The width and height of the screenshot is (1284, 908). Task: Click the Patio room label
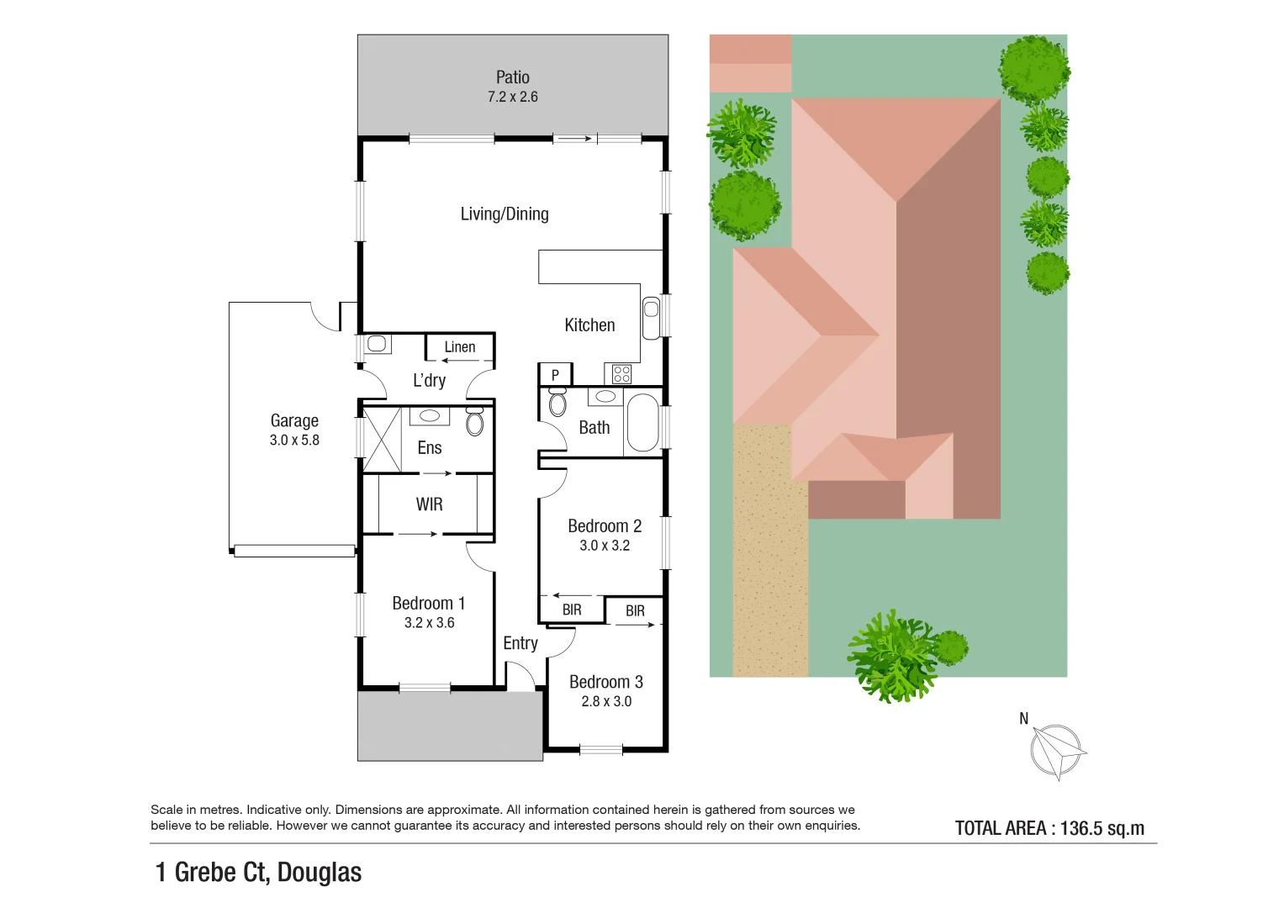click(x=512, y=77)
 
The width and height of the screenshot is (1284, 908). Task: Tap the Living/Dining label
click(x=505, y=214)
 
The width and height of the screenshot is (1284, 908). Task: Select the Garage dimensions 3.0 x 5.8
click(x=294, y=440)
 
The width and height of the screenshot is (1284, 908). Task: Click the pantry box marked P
click(x=555, y=375)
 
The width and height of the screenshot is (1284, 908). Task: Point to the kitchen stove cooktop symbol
click(x=621, y=374)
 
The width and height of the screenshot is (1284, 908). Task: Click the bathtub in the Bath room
click(x=642, y=422)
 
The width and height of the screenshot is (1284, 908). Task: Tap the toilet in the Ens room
click(x=475, y=421)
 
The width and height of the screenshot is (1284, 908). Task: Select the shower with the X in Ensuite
click(x=382, y=439)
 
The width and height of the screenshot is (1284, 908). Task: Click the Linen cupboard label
click(x=459, y=346)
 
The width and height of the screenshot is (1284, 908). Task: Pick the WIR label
click(x=429, y=504)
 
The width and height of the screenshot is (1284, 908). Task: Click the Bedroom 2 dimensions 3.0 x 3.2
click(x=605, y=546)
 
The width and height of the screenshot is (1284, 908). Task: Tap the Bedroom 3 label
click(x=605, y=682)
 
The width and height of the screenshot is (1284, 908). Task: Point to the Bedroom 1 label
click(x=428, y=603)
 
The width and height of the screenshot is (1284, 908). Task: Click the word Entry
click(x=520, y=643)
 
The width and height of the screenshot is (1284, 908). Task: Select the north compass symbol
click(x=1056, y=751)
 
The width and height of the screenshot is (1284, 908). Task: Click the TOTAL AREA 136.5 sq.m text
click(x=1049, y=828)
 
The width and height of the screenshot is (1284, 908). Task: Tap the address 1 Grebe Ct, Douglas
click(x=259, y=873)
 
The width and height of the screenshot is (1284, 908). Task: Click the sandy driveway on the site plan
click(x=769, y=555)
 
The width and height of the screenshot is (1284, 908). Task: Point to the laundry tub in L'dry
click(x=377, y=344)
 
